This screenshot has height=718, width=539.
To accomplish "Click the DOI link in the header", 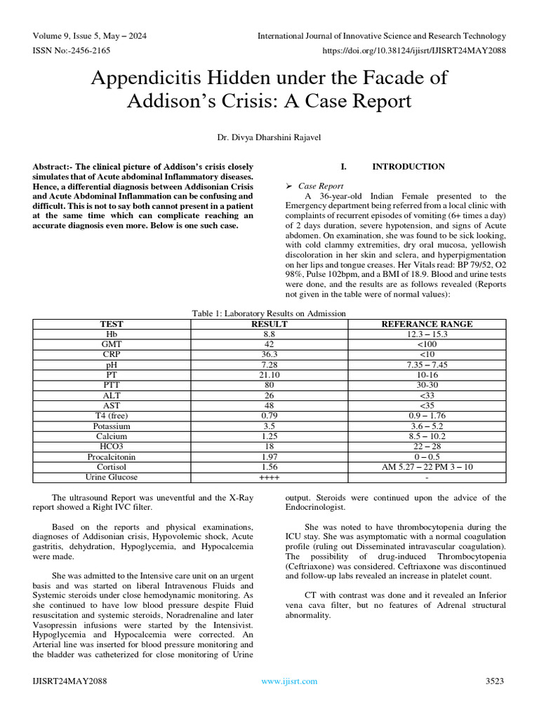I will point(414,51).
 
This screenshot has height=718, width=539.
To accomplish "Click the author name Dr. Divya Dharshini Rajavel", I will point(269,137).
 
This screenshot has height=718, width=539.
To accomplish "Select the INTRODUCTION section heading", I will point(408,167).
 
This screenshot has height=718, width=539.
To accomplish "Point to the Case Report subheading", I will point(320,186).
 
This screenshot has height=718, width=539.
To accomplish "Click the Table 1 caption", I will point(269,313).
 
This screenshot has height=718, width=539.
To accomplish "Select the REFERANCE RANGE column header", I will point(426,324).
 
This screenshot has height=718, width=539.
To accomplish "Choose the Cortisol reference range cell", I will point(426,467).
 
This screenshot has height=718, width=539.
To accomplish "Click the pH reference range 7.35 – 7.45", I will point(426,365).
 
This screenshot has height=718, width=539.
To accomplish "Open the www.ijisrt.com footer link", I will point(289,681).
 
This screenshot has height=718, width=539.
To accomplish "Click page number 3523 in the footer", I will point(495,681).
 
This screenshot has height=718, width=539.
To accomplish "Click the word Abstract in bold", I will point(53,167).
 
